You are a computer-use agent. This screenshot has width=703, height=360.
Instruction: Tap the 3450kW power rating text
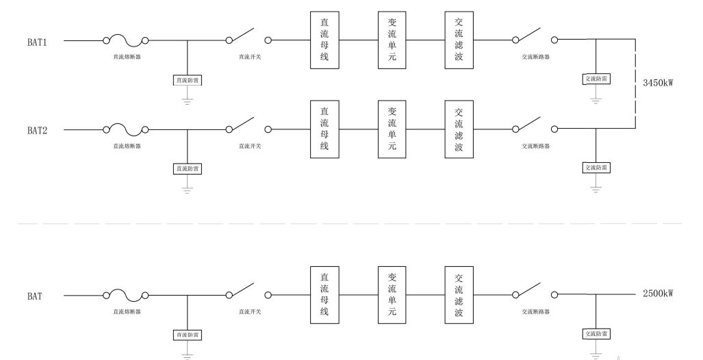coord(658,83)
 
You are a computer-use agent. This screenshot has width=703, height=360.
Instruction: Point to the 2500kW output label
coord(658,294)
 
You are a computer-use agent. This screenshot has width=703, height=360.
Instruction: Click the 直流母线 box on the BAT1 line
coord(324,40)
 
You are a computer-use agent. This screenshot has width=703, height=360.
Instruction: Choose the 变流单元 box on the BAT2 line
coord(392,129)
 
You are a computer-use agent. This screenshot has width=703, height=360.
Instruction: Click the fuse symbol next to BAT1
coord(126,40)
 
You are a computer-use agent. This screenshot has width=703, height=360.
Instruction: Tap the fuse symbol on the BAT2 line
coord(126,128)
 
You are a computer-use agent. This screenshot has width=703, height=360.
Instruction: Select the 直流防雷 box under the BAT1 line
coord(188,80)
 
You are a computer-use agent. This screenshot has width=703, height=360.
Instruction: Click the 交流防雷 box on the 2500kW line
coord(596,333)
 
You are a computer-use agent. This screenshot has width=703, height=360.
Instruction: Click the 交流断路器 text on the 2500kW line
coord(535,311)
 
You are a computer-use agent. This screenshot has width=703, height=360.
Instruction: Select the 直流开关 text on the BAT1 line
coord(249,57)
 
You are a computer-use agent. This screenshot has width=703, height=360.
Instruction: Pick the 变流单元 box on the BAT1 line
coord(392,40)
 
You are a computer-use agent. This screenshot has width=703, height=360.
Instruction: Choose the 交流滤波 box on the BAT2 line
coord(459,129)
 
